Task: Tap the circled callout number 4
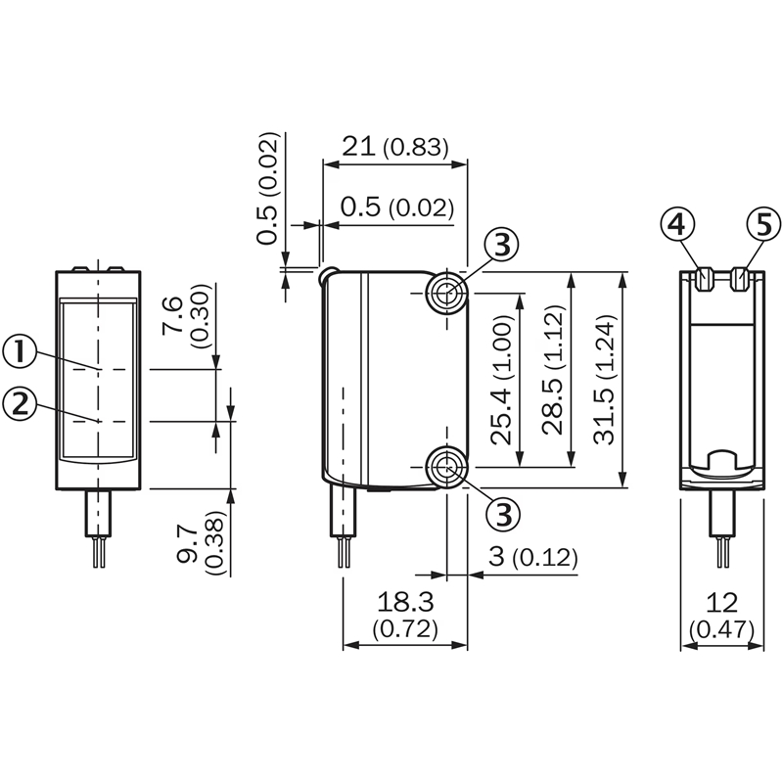[x=674, y=225]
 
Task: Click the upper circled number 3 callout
[x=500, y=246]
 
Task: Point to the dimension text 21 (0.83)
[x=394, y=148]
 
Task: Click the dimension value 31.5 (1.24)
[x=609, y=380]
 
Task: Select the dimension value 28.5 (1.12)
[x=557, y=380]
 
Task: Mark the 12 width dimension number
[x=723, y=601]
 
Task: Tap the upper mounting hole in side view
[x=446, y=291]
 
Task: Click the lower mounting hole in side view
[x=446, y=467]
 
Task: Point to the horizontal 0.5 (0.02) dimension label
[x=397, y=207]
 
